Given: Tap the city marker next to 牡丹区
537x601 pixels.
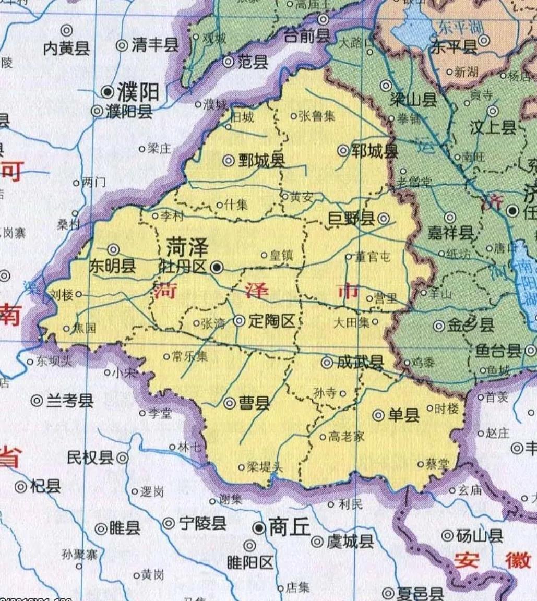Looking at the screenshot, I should [x=217, y=268].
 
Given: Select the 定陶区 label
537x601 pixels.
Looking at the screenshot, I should [x=271, y=322].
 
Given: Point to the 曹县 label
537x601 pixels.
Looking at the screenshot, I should [x=254, y=403].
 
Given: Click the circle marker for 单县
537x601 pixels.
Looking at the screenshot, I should [x=379, y=415].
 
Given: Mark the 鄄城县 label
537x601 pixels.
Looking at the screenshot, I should [x=261, y=161].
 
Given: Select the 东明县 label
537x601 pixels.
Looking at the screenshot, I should [x=113, y=266].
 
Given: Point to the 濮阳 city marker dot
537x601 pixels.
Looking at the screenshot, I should [x=108, y=92].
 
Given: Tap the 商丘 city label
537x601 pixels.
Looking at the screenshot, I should [x=289, y=528].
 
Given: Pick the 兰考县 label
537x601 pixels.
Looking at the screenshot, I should [x=70, y=401].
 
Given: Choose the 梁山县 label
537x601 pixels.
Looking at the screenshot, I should [x=413, y=100].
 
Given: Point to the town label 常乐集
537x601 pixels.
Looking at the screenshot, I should [x=189, y=357].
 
